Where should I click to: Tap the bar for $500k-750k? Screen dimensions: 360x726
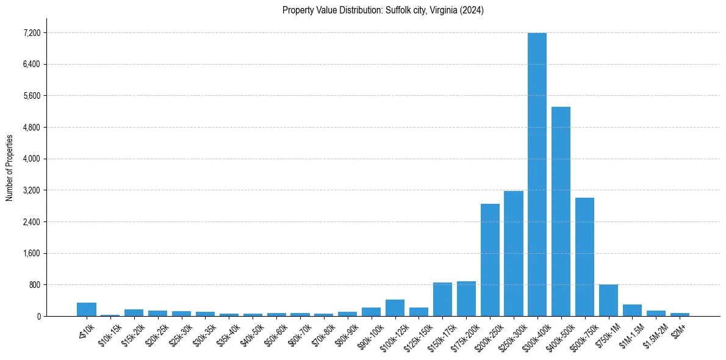pos(584,257)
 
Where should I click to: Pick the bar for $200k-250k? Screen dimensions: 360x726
pos(490,260)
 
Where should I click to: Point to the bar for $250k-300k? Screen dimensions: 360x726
pos(514,253)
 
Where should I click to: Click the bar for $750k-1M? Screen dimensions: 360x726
pos(608,300)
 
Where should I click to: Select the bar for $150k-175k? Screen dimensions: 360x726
pos(442,299)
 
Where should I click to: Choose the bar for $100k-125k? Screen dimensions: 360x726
pos(395,308)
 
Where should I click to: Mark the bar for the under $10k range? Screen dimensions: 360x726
pos(87,309)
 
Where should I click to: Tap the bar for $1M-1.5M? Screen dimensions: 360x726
pos(632,310)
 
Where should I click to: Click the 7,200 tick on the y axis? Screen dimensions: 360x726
pos(32,33)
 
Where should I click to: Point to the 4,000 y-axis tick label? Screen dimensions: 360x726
pos(32,159)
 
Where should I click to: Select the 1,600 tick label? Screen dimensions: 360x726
pos(32,253)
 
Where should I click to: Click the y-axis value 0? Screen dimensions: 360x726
pos(38,316)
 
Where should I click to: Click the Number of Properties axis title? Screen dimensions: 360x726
pos(9,167)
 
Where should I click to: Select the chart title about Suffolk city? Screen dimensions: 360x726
pos(383,10)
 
